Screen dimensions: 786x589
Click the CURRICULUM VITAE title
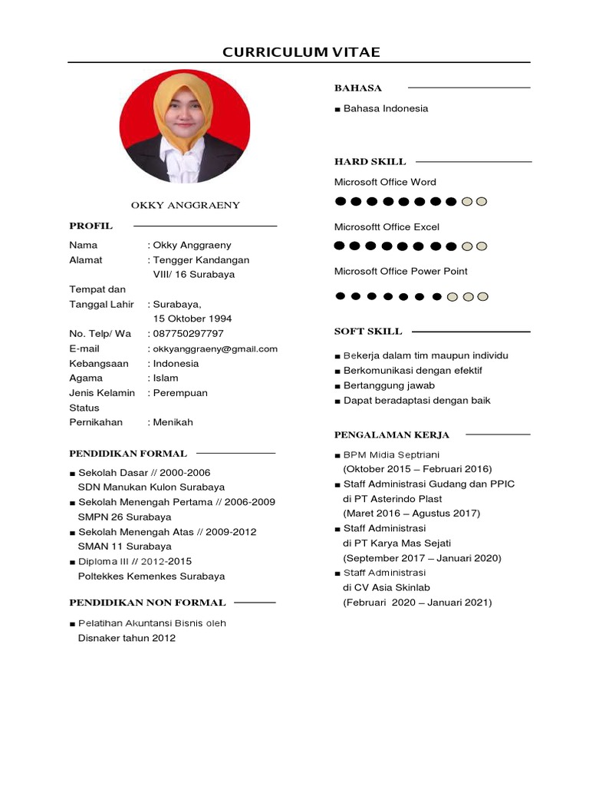301,52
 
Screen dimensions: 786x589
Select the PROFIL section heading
90,226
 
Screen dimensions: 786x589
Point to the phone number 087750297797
189,333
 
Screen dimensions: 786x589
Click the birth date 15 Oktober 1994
192,319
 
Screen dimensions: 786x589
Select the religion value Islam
166,378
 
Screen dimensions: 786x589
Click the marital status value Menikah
173,422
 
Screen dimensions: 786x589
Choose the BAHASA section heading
357,88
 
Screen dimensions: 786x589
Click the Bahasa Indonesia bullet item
385,108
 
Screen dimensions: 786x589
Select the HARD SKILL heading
370,161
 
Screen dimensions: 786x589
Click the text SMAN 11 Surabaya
124,547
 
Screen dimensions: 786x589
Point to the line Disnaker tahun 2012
127,638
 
